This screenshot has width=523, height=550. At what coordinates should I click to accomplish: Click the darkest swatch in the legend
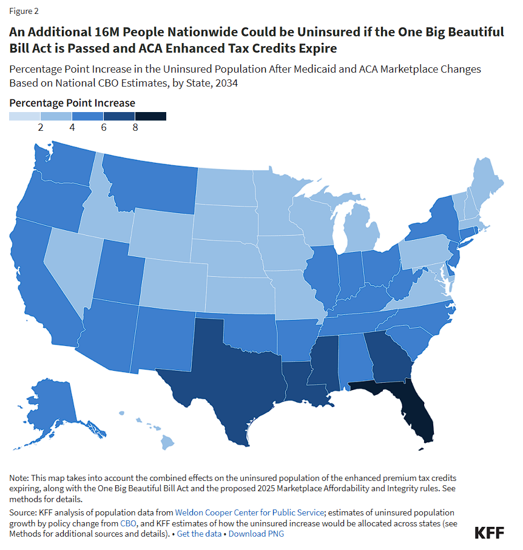(x=150, y=116)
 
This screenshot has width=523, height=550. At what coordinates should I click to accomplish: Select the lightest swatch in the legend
(x=25, y=116)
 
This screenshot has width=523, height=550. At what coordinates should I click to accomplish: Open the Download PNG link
(x=256, y=534)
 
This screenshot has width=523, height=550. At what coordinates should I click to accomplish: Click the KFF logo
(x=489, y=532)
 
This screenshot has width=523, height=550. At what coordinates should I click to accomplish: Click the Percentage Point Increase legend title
(x=72, y=102)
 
